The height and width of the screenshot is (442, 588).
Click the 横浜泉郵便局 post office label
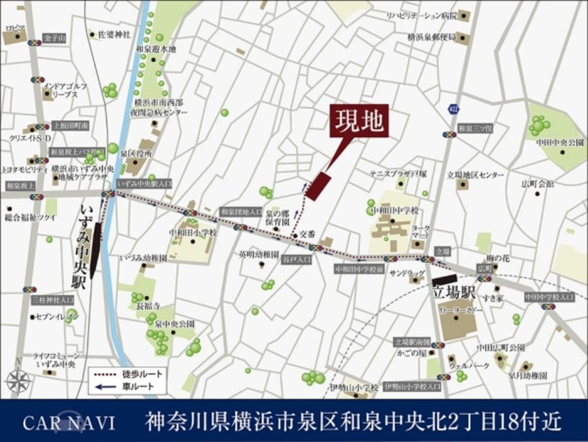(431, 37)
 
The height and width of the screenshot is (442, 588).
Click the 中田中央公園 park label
(559, 142)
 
